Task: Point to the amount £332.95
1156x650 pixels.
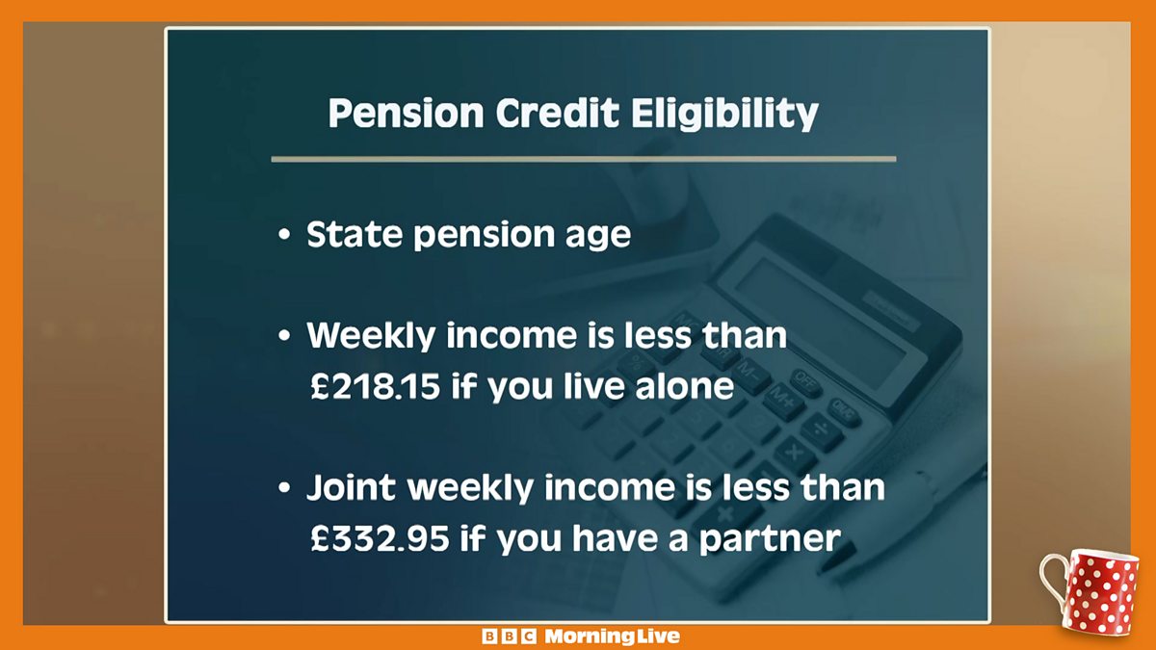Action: (x=380, y=537)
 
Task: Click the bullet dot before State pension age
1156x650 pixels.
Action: (x=283, y=237)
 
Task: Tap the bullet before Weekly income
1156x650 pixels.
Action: (x=283, y=338)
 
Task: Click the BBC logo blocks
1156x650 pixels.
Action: (x=509, y=637)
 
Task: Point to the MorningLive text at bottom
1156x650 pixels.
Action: (x=612, y=637)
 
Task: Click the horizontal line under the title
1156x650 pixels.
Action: (x=583, y=159)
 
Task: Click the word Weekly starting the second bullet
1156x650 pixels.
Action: (x=370, y=336)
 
